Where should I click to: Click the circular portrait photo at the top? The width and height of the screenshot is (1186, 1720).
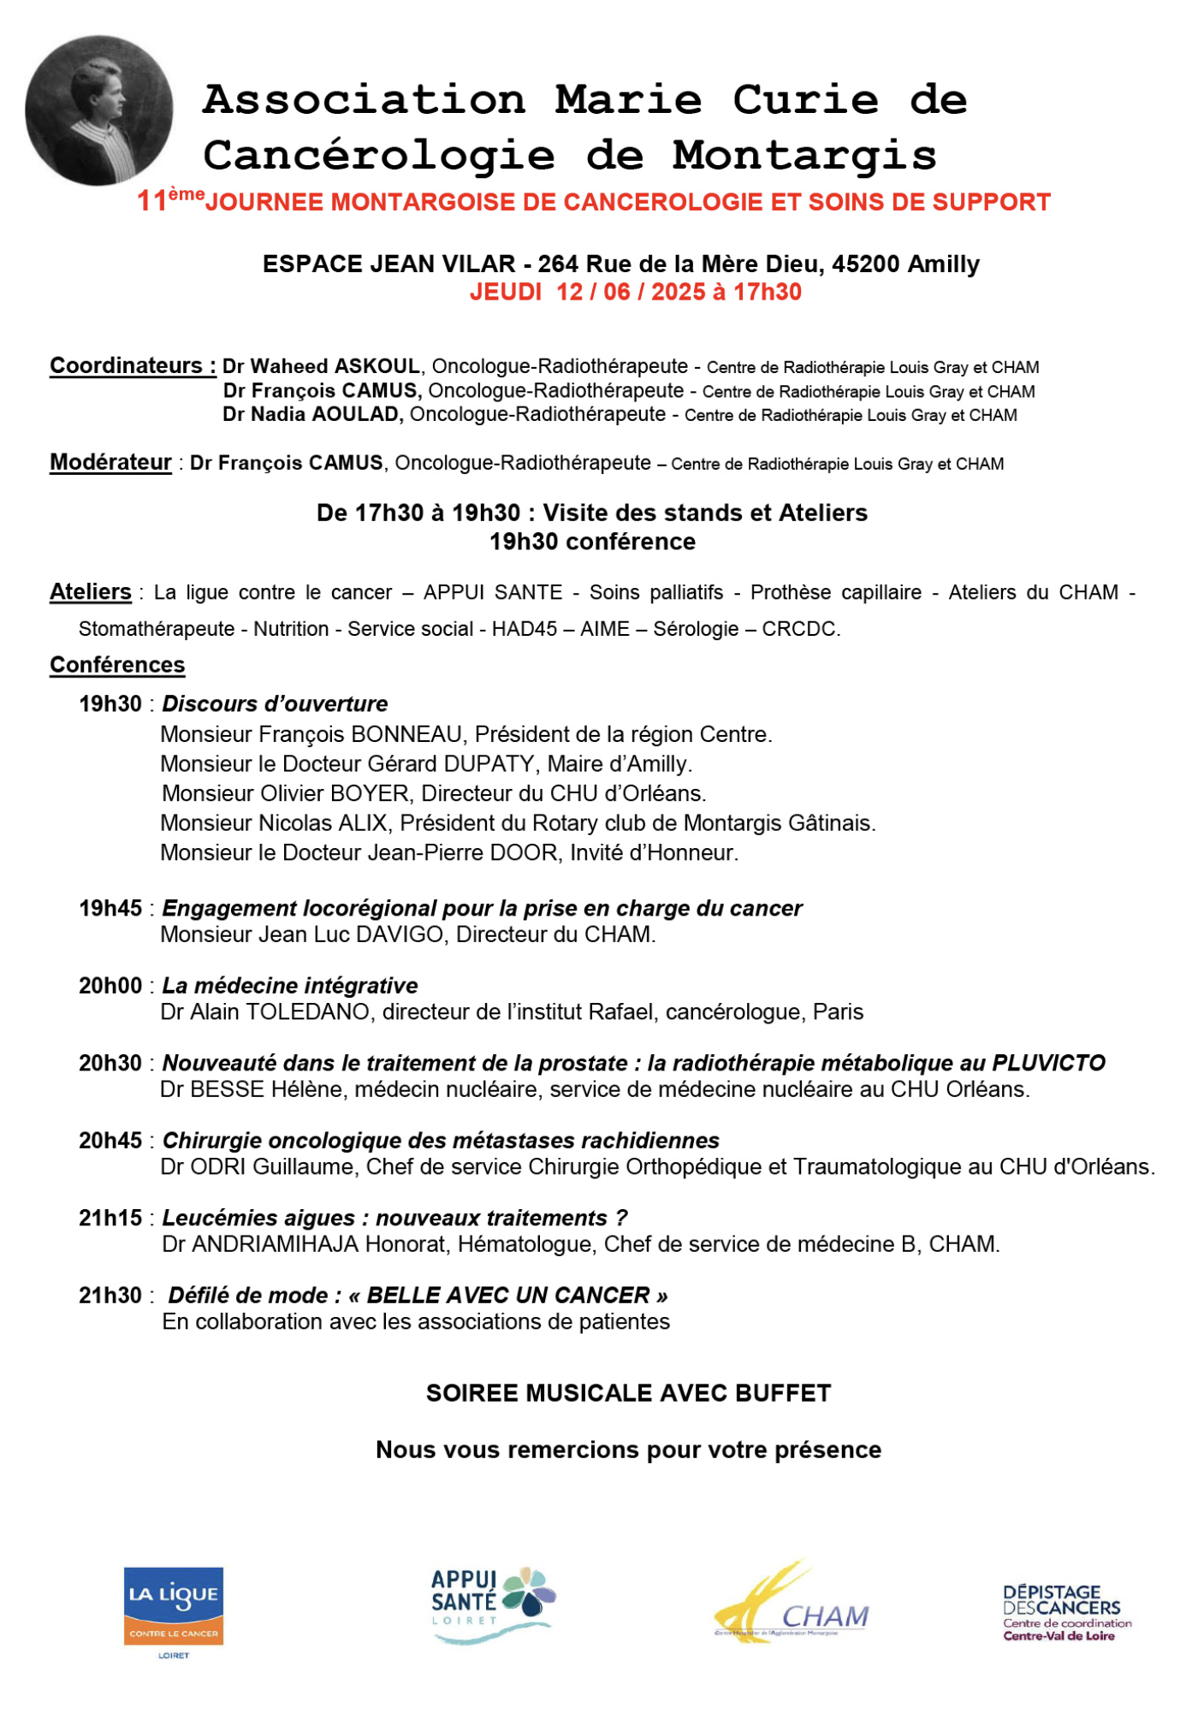(x=98, y=110)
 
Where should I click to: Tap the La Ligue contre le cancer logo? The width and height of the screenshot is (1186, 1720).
(x=174, y=1612)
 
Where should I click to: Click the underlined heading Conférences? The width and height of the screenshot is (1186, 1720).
(x=117, y=665)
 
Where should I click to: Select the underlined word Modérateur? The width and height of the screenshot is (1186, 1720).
(x=110, y=463)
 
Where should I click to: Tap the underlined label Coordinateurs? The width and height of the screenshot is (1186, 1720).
(x=133, y=366)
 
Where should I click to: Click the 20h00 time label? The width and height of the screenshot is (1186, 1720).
(x=110, y=986)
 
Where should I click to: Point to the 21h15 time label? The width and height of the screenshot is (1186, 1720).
(x=110, y=1218)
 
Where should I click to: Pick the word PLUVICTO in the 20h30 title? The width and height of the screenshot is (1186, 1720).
(x=1048, y=1063)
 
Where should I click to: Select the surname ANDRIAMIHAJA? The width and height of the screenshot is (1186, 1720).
(x=275, y=1244)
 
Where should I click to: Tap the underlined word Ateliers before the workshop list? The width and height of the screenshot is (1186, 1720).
(x=90, y=592)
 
